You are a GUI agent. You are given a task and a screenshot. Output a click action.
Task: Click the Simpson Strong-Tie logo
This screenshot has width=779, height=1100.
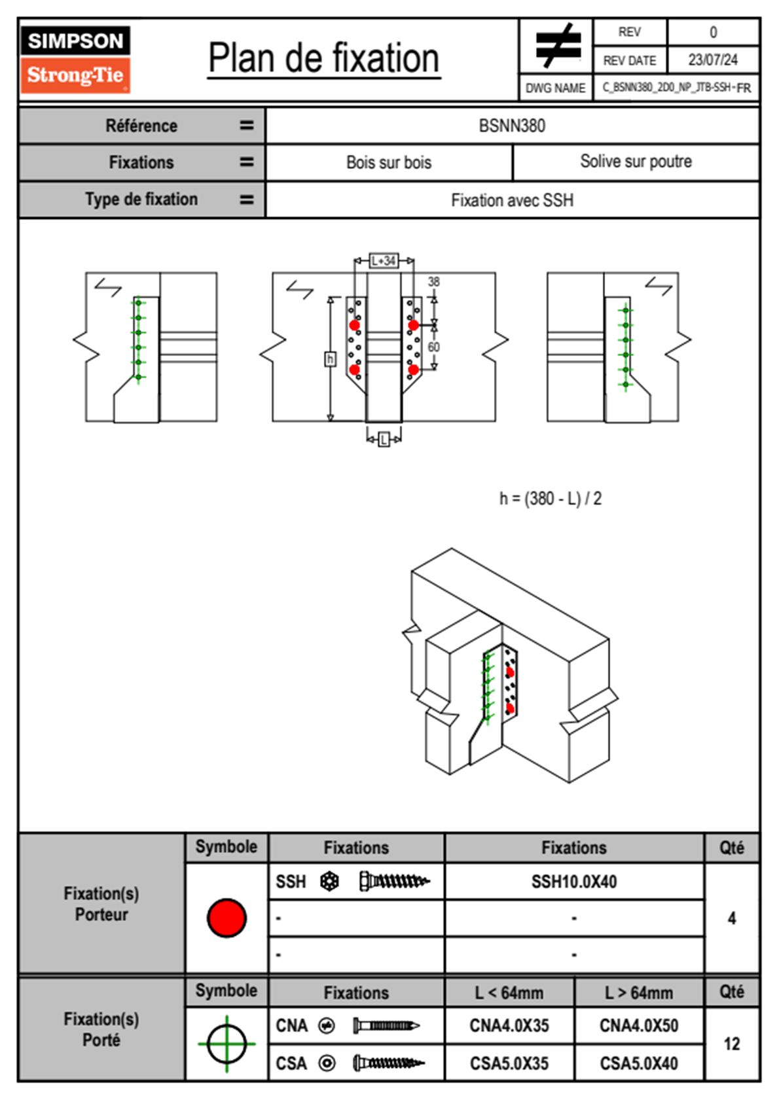point(75,59)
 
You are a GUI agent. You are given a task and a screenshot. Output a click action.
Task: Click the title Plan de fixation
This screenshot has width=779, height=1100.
point(323,58)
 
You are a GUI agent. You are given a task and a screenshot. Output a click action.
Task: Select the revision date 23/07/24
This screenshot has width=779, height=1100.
point(713,60)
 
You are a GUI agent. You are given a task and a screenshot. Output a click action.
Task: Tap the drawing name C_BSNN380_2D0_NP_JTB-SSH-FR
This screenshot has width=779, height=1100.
point(677,88)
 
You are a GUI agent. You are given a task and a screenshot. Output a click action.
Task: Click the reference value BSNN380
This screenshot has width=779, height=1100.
point(512,126)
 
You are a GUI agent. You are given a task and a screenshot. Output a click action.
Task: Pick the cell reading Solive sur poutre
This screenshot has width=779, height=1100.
point(636,161)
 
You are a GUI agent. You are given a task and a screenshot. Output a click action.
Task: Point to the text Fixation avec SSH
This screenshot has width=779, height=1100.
point(512,200)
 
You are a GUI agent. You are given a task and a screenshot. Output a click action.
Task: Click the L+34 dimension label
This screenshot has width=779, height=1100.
point(384,260)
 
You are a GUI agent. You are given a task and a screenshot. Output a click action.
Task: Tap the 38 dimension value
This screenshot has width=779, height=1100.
point(433,282)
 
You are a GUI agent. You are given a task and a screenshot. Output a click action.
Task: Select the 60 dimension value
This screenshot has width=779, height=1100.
point(433,347)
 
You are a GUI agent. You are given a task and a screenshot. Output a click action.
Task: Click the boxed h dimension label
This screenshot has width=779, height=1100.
point(331,359)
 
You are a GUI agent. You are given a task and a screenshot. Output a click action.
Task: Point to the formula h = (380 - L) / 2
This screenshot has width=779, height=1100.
point(551,498)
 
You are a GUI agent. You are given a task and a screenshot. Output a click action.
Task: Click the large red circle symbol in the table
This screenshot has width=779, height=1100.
point(226,918)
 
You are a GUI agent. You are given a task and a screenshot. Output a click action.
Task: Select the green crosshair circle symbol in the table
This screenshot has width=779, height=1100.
point(226,1044)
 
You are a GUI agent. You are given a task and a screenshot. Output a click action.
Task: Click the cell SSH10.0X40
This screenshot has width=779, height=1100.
point(574,882)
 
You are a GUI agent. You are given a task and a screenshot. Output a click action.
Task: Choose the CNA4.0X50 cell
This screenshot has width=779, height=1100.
point(638,1025)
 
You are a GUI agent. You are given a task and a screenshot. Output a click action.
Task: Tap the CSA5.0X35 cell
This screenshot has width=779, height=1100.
point(509,1063)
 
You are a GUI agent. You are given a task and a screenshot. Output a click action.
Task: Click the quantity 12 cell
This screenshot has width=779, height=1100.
point(732,1044)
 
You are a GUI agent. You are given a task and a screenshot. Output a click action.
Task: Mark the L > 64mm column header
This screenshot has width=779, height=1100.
point(638,993)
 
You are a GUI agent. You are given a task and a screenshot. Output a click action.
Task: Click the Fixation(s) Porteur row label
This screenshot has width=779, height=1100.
point(101,904)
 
